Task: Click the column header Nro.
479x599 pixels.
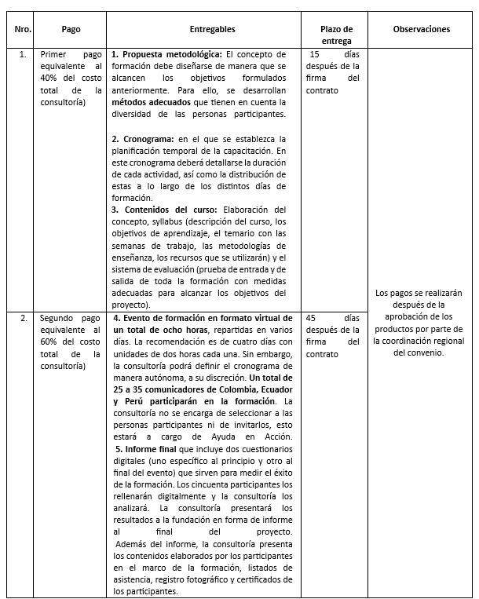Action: [23, 29]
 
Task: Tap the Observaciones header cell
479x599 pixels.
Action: [421, 29]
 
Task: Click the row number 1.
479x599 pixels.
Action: [23, 55]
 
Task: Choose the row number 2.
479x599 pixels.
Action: [24, 319]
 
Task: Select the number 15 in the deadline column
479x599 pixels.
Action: [315, 55]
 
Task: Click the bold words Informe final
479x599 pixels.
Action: [150, 449]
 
